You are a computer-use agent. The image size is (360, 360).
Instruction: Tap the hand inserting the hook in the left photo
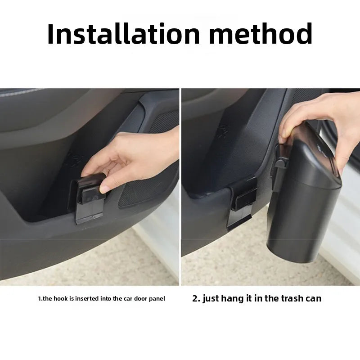point(135,155)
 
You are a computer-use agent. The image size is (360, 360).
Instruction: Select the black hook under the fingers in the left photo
point(90,198)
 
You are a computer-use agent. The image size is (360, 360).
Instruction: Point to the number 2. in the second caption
point(196,298)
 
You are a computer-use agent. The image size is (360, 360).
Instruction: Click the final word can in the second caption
point(313,298)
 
